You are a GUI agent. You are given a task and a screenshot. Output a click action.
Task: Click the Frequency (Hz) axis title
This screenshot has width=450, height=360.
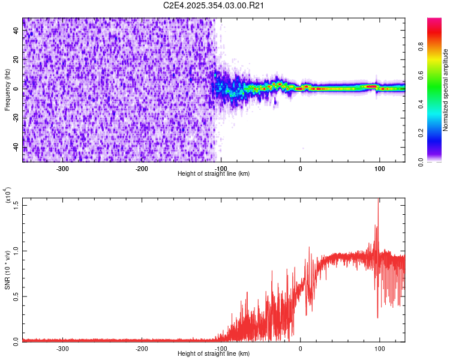tap(7, 90)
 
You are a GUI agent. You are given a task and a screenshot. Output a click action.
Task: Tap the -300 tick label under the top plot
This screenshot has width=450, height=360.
tap(62, 169)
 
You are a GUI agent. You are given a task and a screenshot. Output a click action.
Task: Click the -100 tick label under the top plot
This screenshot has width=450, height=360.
tap(221, 169)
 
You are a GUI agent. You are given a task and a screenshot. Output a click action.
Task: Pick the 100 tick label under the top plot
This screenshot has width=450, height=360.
tap(379, 169)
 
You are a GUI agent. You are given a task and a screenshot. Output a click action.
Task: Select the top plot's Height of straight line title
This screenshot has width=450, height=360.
tap(214, 173)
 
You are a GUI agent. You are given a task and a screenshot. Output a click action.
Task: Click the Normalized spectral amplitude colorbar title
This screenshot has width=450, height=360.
tap(446, 90)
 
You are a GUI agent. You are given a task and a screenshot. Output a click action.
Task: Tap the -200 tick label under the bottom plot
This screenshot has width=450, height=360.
tap(142, 347)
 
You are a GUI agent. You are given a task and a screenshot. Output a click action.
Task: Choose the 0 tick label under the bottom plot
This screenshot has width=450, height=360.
tap(300, 347)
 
